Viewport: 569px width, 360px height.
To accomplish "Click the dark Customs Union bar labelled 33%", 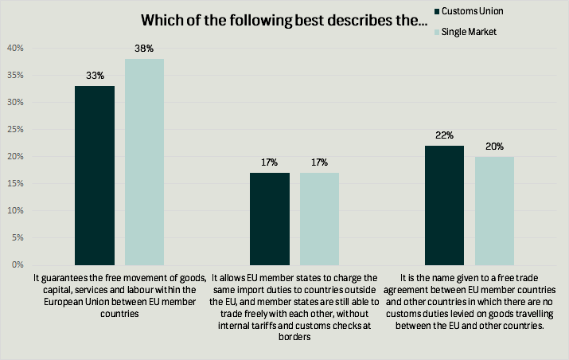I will [95, 175].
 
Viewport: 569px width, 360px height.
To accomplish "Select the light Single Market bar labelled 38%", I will [145, 162].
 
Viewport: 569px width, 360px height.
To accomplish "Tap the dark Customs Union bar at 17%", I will [270, 218].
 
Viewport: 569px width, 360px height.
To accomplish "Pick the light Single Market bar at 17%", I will [320, 218].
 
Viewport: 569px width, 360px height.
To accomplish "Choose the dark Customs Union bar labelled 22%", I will [444, 205].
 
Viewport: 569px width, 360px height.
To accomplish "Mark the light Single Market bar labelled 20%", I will [494, 210].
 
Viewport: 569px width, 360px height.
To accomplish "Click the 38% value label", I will [145, 49].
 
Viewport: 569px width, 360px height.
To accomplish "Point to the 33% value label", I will [95, 76].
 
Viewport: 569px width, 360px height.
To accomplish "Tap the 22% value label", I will [444, 135].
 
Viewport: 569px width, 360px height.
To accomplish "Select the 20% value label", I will [494, 147].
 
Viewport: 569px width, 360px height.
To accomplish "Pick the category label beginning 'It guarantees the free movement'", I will [120, 295].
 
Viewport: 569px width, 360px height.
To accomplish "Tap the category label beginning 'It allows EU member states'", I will [294, 307].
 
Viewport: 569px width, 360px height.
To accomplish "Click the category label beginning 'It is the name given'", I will [469, 301].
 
